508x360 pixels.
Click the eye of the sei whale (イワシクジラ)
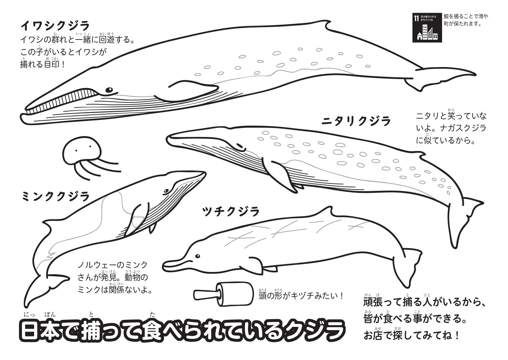pos(109,90)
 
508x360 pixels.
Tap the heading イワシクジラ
pos(55,26)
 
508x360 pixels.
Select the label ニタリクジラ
pos(356,121)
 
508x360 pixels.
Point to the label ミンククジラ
pos(56,196)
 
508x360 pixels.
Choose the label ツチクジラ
pos(231,212)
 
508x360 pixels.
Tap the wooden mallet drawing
pos(224,294)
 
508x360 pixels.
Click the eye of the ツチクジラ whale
pos(197,256)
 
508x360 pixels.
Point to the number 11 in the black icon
pos(416,18)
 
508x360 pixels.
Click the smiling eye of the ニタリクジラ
pos(241,147)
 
